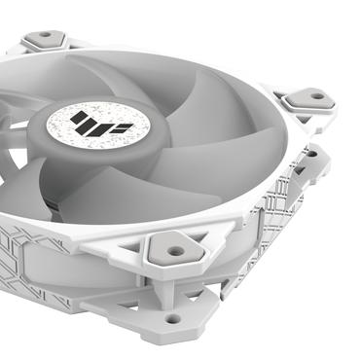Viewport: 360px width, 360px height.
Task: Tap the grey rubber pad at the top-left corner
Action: pos(44,40)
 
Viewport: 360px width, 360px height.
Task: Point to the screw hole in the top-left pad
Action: pos(45,40)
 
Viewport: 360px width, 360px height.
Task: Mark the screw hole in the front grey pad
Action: pos(175,250)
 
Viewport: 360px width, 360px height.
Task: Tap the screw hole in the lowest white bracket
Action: pos(172,317)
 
